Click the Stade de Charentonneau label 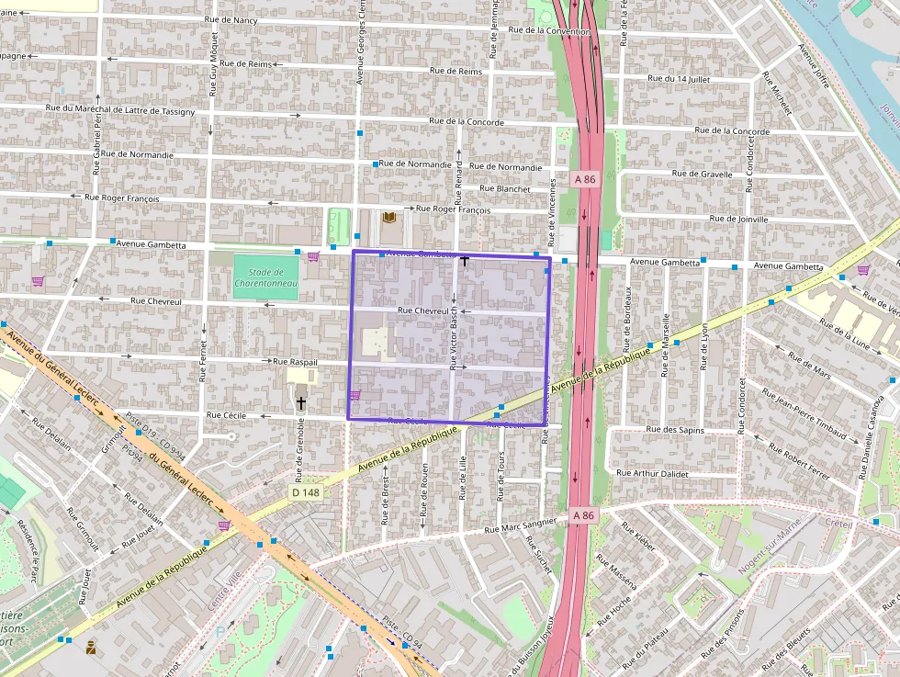(265, 276)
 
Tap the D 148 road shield (307, 492)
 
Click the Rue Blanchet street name (505, 188)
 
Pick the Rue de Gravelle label (702, 174)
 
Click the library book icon (389, 217)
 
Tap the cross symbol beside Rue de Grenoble (300, 403)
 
